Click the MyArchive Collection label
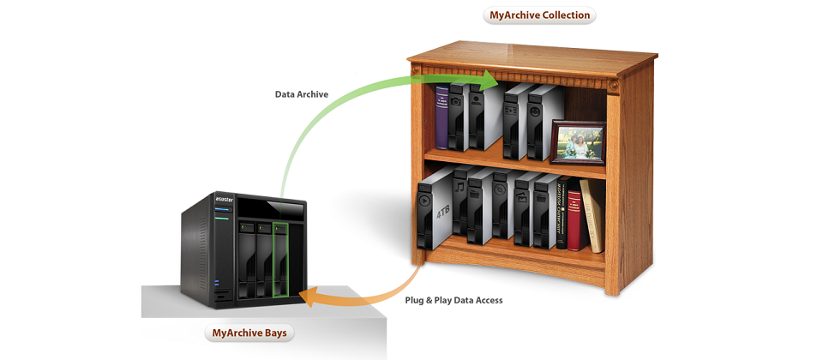click(x=539, y=15)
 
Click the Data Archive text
click(x=301, y=94)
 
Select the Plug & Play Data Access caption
click(x=453, y=300)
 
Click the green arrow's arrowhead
click(x=489, y=81)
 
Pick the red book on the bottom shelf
click(x=574, y=219)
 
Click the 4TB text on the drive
click(x=442, y=212)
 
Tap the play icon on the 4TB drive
click(x=424, y=202)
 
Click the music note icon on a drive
click(x=460, y=186)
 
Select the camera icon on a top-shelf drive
click(x=456, y=100)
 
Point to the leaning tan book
click(x=592, y=214)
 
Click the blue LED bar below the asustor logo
click(x=224, y=209)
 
